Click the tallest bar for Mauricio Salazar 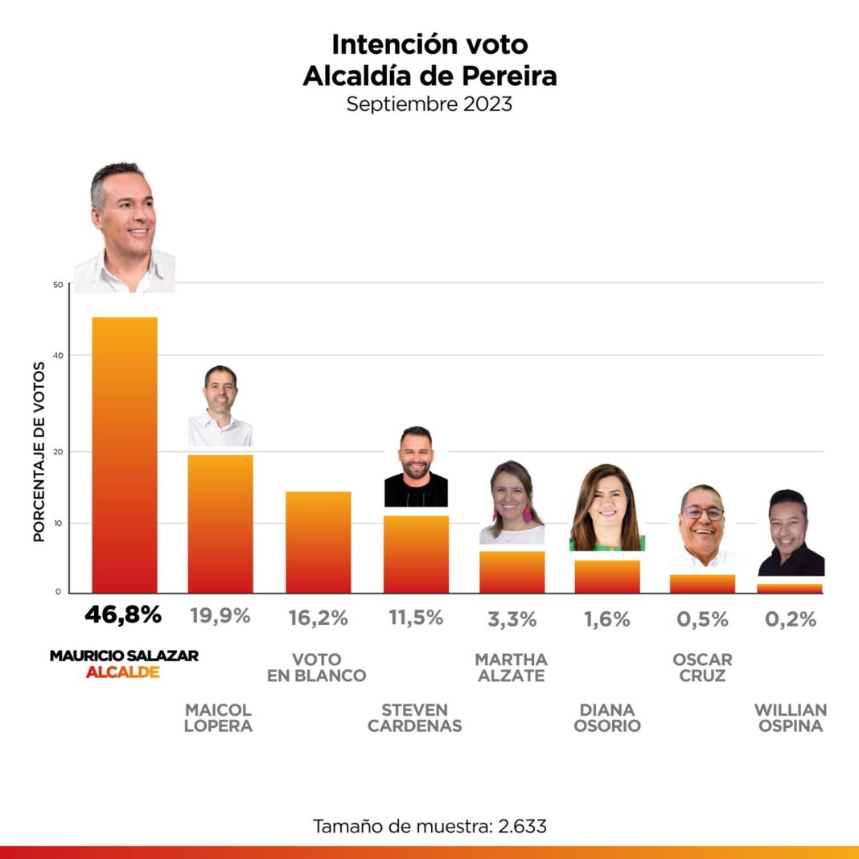[x=125, y=454]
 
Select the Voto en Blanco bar [x=318, y=542]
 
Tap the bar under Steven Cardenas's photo [x=416, y=554]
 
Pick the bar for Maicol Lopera [x=220, y=524]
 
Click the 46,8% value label [x=123, y=615]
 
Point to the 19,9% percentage [x=220, y=616]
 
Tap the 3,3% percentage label [x=512, y=619]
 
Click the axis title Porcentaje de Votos [x=39, y=451]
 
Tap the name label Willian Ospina [x=791, y=717]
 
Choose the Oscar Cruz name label [x=702, y=668]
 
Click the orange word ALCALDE [x=122, y=672]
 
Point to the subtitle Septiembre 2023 [x=429, y=105]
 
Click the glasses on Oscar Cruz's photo [x=702, y=512]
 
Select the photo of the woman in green [x=607, y=508]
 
